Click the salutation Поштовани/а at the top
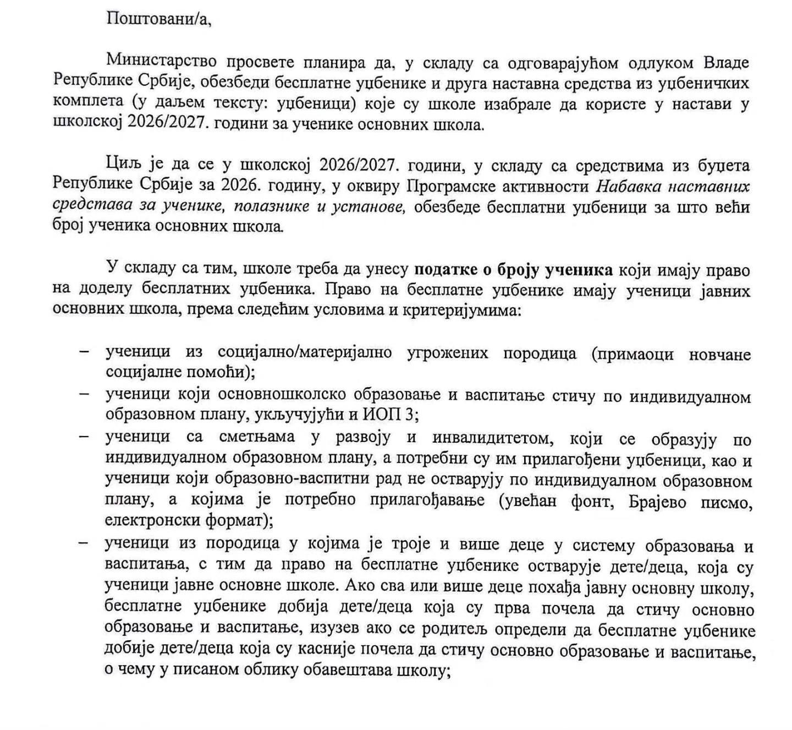point(158,19)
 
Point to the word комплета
point(80,103)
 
